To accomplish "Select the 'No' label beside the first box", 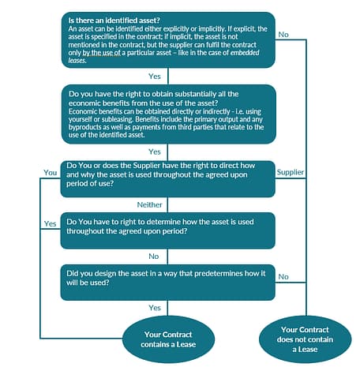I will pyautogui.click(x=283, y=34).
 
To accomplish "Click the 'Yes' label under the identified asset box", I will pyautogui.click(x=155, y=77).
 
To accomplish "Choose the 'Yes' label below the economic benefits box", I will pyautogui.click(x=155, y=151).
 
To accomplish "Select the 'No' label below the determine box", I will pyautogui.click(x=155, y=257).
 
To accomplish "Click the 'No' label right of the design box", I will pyautogui.click(x=283, y=276).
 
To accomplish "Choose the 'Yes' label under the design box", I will pyautogui.click(x=155, y=308).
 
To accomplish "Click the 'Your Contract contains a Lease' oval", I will pyautogui.click(x=167, y=337).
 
